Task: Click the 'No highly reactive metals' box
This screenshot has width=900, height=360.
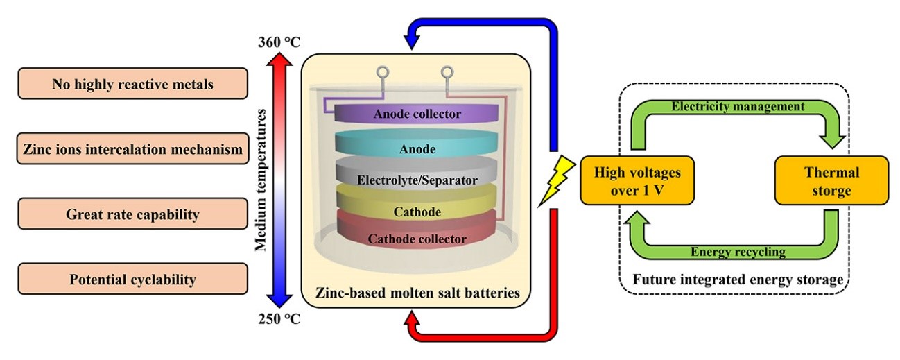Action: click(x=132, y=84)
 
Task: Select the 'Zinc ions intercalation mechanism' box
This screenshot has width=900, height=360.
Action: click(x=132, y=149)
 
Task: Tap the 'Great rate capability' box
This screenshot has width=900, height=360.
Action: click(x=132, y=214)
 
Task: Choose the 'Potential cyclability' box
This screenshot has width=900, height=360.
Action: click(x=132, y=280)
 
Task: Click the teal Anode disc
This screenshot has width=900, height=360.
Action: click(x=417, y=148)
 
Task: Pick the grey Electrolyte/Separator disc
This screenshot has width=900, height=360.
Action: click(x=417, y=180)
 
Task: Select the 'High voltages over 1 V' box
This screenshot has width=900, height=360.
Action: click(x=628, y=180)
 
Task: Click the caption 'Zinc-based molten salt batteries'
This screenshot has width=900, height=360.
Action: click(x=416, y=293)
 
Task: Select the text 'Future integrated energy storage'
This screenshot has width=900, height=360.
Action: click(x=738, y=280)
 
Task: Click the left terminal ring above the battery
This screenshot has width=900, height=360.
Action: click(x=383, y=72)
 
